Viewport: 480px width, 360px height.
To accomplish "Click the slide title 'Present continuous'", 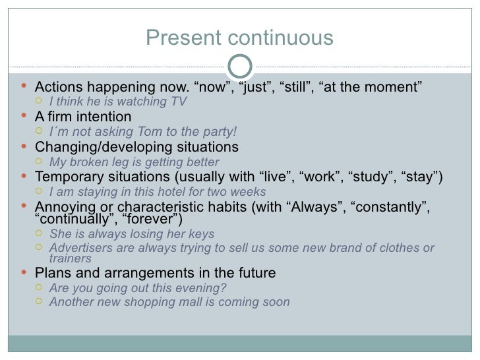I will tap(239, 38).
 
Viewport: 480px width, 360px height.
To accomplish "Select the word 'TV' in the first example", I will tap(179, 102).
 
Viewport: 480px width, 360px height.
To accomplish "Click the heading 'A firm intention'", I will tap(83, 117).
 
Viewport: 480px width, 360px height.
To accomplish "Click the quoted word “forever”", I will tap(152, 219).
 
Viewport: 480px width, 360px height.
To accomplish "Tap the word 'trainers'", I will tap(70, 258).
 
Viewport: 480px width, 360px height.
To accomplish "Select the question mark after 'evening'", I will tap(224, 287).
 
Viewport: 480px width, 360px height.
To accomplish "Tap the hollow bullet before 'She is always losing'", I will tap(40, 234).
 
